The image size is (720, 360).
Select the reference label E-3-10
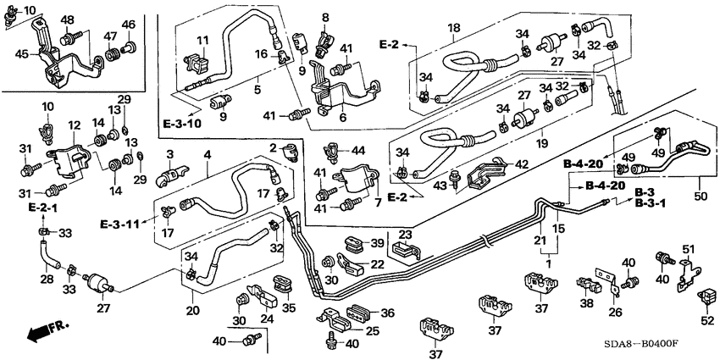click(184, 125)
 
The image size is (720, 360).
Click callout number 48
click(68, 20)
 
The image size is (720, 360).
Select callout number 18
click(455, 29)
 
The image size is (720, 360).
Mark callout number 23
click(405, 235)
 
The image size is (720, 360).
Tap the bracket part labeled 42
click(487, 174)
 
